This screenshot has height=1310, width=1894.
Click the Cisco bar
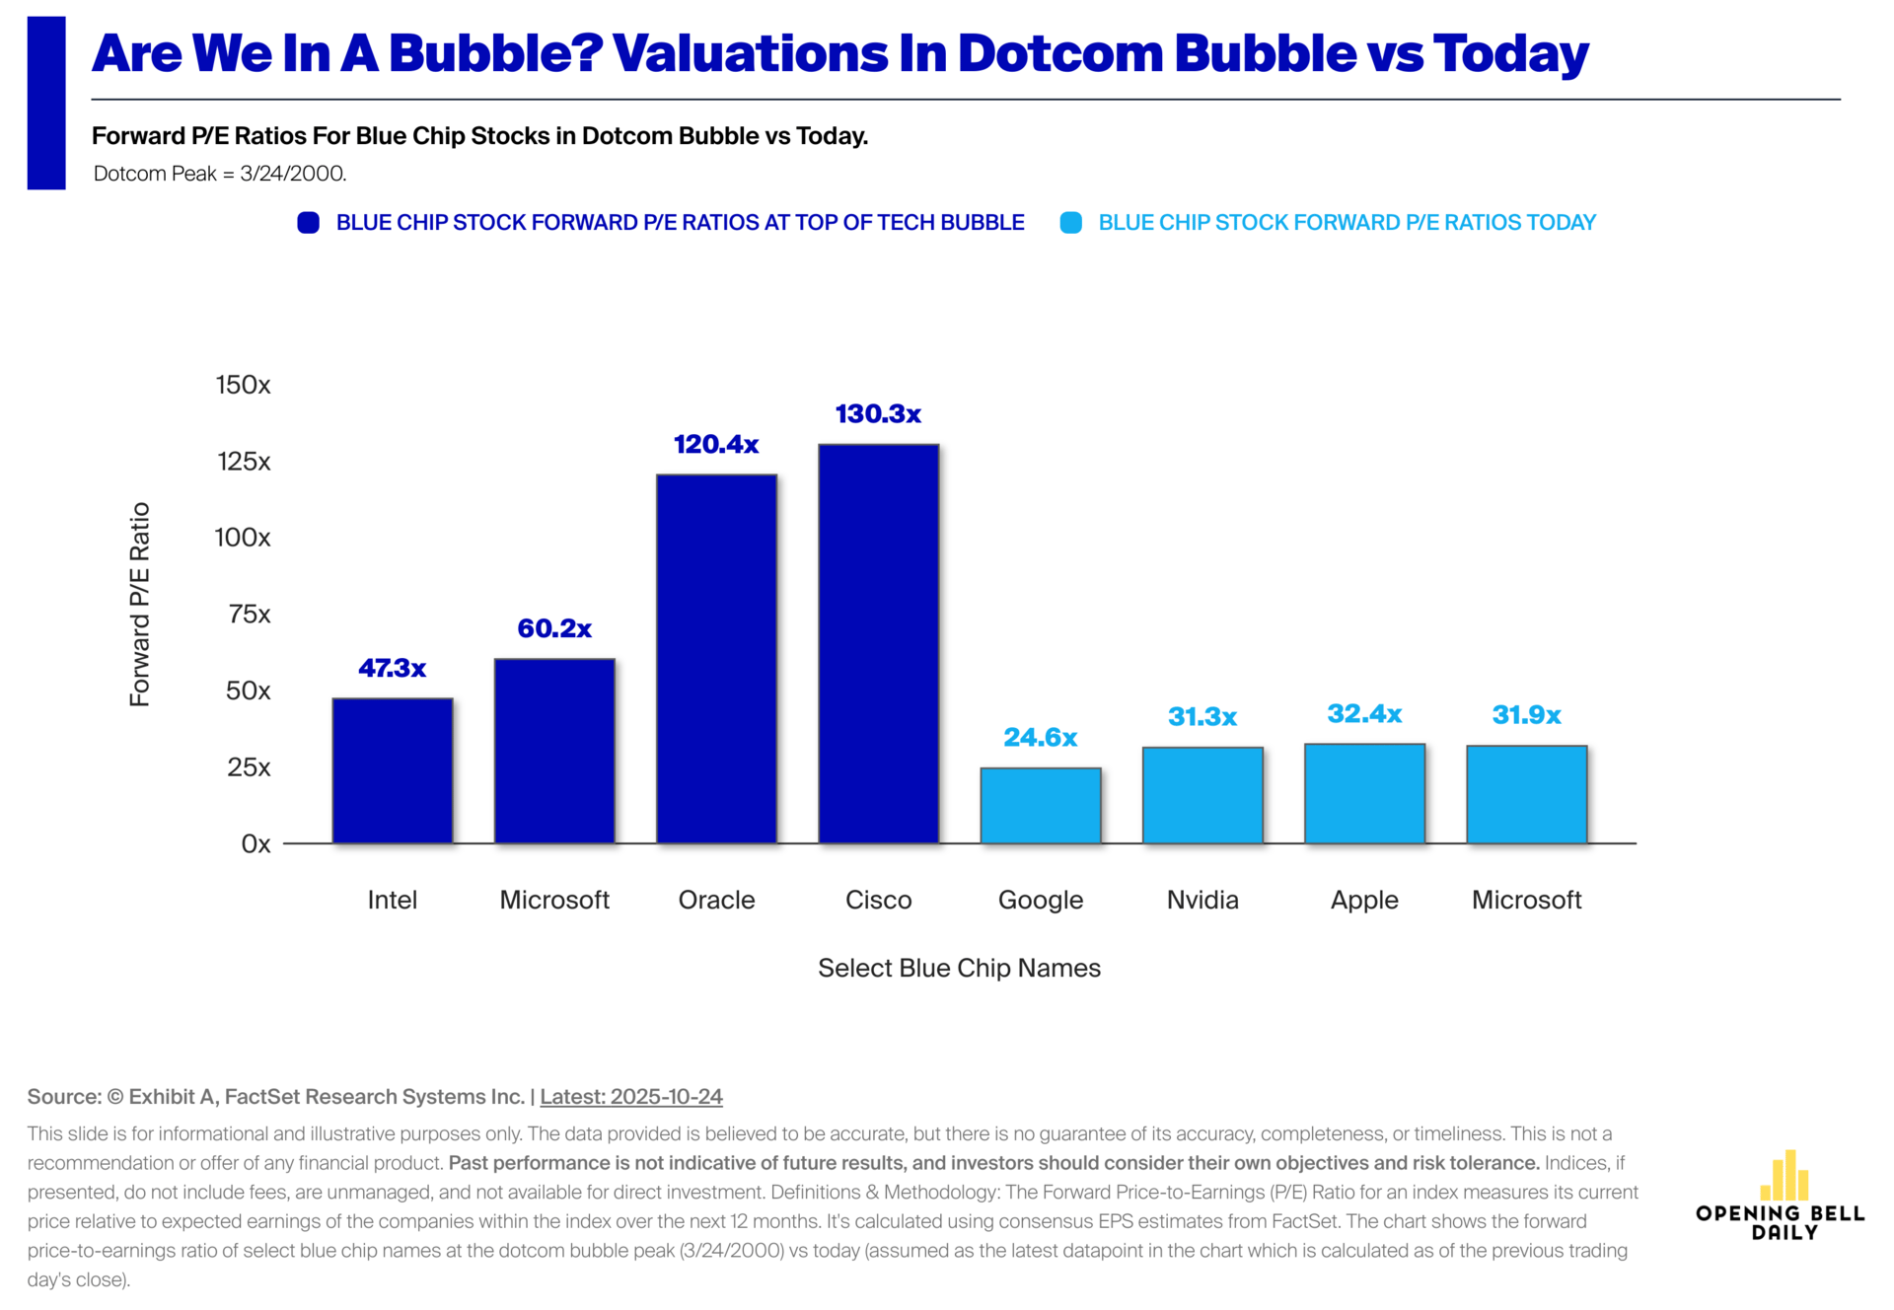[878, 643]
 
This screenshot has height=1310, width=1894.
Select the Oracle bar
[716, 658]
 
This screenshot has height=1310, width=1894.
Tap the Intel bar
[393, 770]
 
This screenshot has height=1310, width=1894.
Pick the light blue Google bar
[1040, 805]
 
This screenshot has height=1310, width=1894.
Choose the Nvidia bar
[1202, 795]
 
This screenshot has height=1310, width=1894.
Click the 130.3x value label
[878, 414]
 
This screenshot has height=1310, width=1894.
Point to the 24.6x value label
[1040, 738]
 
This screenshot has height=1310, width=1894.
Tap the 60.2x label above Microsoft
[554, 628]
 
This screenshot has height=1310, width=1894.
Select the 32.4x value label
[1364, 713]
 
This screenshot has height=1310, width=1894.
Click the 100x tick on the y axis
[243, 538]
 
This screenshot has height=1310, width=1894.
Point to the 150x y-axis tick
[243, 385]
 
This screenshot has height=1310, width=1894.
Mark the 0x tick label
[255, 844]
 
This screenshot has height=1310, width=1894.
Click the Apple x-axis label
[1364, 900]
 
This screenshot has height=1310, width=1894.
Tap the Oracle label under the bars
[716, 900]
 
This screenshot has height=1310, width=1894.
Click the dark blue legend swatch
[309, 223]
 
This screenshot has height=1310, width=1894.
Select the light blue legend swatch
[1070, 223]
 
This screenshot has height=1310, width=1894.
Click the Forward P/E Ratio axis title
[140, 604]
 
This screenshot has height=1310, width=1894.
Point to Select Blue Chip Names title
[959, 968]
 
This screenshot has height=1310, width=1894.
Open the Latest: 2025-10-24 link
[631, 1097]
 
